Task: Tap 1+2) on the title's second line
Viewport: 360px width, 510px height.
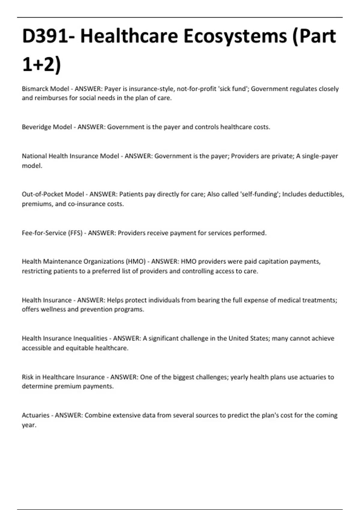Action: (41, 64)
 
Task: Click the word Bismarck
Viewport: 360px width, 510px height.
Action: (35, 89)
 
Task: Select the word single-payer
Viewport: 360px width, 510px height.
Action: (320, 156)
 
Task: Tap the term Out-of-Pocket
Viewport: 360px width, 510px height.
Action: (42, 194)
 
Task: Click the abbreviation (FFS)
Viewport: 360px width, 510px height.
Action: (75, 233)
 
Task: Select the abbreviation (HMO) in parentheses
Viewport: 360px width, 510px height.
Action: (136, 261)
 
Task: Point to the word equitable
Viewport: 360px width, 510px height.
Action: (79, 348)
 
